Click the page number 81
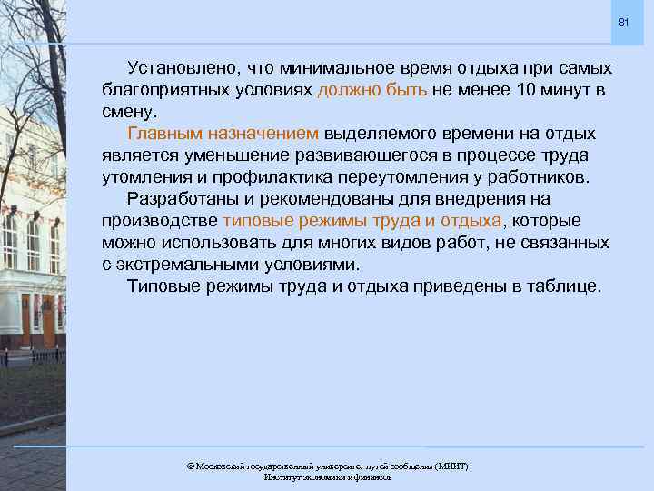623,21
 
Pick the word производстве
160,221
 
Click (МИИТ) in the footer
451,466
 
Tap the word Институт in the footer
283,477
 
